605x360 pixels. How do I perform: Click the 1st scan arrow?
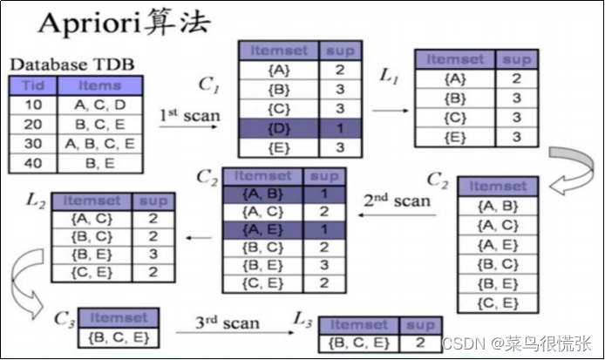click(x=189, y=127)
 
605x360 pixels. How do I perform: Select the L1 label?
click(x=390, y=76)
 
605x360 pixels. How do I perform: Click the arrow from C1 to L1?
click(x=390, y=111)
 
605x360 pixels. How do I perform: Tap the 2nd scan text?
click(x=397, y=200)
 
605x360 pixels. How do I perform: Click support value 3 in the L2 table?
click(x=154, y=255)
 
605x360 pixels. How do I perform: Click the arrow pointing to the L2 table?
click(x=199, y=236)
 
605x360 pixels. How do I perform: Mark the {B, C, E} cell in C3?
click(x=117, y=336)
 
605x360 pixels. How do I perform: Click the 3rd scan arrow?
click(x=228, y=332)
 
